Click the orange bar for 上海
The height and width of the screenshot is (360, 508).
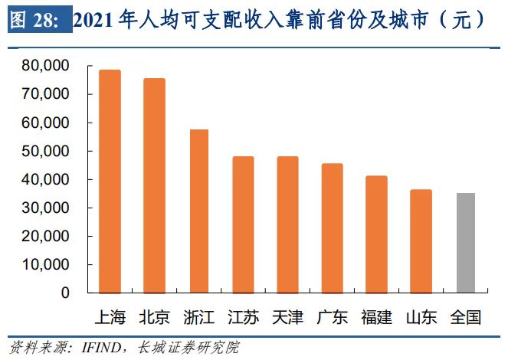pos(110,182)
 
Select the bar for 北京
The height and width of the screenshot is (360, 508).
pos(154,186)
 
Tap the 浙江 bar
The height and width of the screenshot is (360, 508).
pos(199,211)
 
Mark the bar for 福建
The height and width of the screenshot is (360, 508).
pos(376,234)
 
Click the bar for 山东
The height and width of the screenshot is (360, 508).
pos(421,241)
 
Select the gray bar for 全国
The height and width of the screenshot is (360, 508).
pos(465,243)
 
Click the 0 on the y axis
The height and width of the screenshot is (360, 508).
pos(65,293)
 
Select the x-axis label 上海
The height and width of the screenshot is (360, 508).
pos(110,316)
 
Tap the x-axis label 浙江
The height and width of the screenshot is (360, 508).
pos(199,316)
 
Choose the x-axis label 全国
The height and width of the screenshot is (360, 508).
pos(465,316)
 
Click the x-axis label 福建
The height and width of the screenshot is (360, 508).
pos(376,316)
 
